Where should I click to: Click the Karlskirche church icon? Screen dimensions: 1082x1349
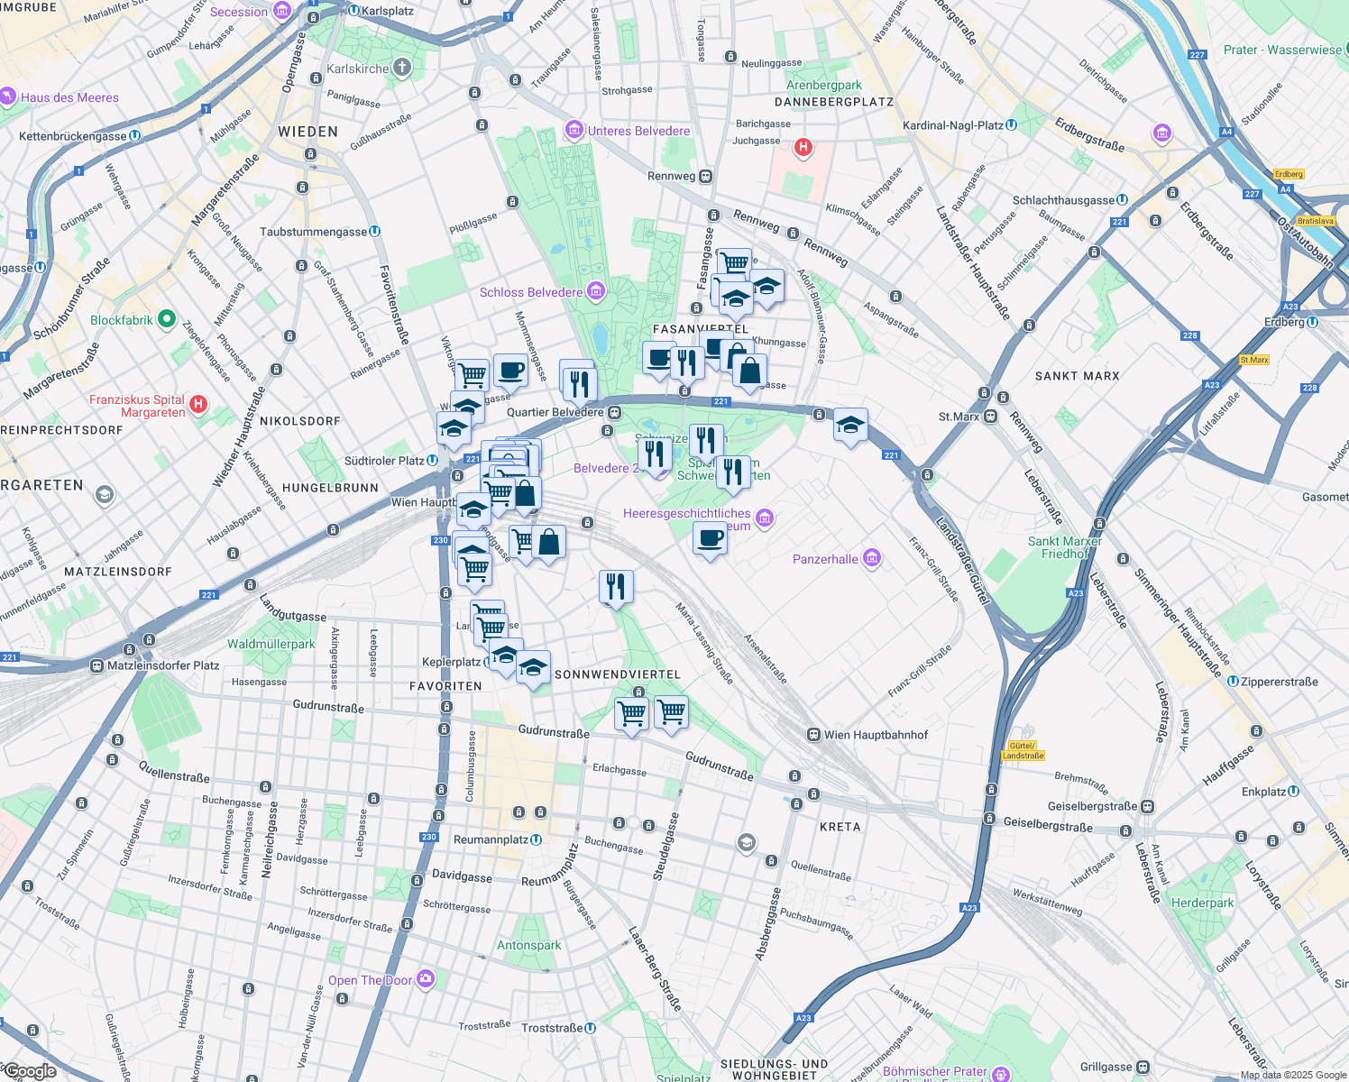tap(402, 68)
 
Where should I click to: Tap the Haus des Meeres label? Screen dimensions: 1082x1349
tap(69, 97)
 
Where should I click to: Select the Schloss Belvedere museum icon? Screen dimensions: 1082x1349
tap(595, 291)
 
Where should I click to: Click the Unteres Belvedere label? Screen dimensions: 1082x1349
tap(638, 131)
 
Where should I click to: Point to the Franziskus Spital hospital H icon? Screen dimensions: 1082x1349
tap(199, 405)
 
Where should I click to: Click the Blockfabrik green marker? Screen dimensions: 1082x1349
tap(166, 319)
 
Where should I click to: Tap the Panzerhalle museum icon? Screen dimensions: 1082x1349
tap(871, 559)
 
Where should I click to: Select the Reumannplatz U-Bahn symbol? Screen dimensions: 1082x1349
tap(537, 839)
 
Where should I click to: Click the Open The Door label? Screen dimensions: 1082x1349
tap(370, 980)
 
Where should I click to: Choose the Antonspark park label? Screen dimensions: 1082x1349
tap(529, 945)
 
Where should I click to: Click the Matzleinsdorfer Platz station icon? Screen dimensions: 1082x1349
tap(96, 665)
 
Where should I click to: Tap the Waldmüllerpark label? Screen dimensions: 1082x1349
tap(271, 644)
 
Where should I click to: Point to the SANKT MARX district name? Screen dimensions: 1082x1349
tap(1077, 376)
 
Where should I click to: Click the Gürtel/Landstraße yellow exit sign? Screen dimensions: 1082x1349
tap(1022, 750)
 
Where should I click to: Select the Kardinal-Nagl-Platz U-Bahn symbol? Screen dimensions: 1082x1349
tap(1012, 125)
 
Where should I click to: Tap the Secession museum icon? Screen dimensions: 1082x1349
tap(282, 11)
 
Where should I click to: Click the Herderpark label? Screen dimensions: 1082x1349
tap(1202, 903)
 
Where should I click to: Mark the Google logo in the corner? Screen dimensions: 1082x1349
tap(30, 1071)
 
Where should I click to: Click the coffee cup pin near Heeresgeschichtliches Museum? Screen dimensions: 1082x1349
tap(710, 538)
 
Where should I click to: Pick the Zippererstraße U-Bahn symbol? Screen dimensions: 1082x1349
tap(1233, 682)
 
